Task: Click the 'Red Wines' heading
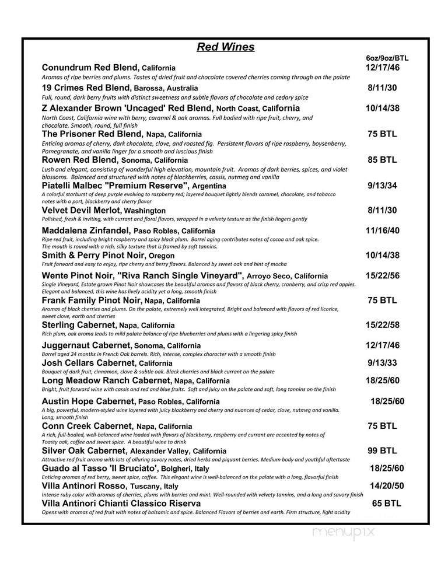225,47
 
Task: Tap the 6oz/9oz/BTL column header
387,58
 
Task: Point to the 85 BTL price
382,159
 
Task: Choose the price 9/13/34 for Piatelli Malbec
382,186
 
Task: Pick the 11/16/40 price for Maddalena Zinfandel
382,230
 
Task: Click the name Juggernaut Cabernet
82,345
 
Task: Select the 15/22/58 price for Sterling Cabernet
382,324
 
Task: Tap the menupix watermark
343,532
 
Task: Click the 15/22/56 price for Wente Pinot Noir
382,275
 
